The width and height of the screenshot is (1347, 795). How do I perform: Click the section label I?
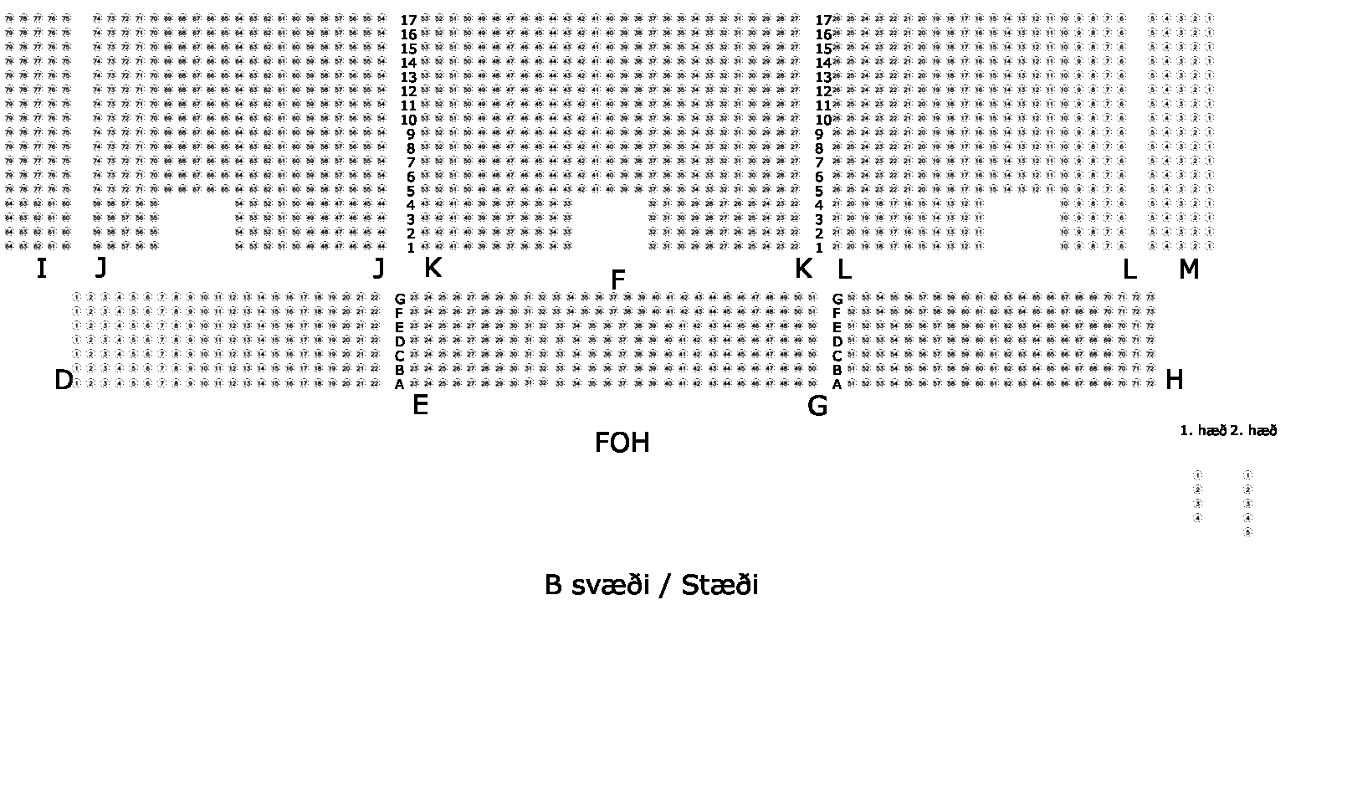tap(41, 269)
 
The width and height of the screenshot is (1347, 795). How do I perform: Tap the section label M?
tap(1188, 269)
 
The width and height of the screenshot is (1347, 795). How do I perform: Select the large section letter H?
tap(1174, 380)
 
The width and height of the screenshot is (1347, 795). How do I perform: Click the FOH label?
tap(622, 443)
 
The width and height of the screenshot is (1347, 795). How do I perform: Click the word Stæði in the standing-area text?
tap(720, 585)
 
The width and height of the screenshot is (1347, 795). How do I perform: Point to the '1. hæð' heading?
tap(1202, 431)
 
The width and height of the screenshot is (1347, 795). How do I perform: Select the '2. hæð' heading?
tap(1253, 431)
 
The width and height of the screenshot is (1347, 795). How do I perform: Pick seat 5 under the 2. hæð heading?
tap(1247, 532)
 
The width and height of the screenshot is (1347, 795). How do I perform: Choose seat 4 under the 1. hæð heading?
tap(1197, 518)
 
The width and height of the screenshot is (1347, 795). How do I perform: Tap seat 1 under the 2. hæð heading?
tap(1247, 474)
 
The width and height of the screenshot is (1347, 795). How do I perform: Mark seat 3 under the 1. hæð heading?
tap(1197, 504)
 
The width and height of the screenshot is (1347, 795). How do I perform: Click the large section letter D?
tap(64, 381)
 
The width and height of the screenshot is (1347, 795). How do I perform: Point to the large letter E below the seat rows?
tap(420, 406)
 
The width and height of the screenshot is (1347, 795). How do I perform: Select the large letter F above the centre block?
tap(618, 280)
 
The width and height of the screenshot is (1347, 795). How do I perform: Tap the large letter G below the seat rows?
tap(817, 406)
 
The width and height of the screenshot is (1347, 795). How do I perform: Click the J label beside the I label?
tap(100, 268)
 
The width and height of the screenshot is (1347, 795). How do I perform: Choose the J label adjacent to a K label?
tap(379, 269)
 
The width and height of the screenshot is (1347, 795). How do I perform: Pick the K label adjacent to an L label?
tap(802, 269)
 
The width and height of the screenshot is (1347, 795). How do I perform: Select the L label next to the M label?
tap(1129, 269)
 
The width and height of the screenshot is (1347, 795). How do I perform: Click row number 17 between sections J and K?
tap(408, 20)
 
